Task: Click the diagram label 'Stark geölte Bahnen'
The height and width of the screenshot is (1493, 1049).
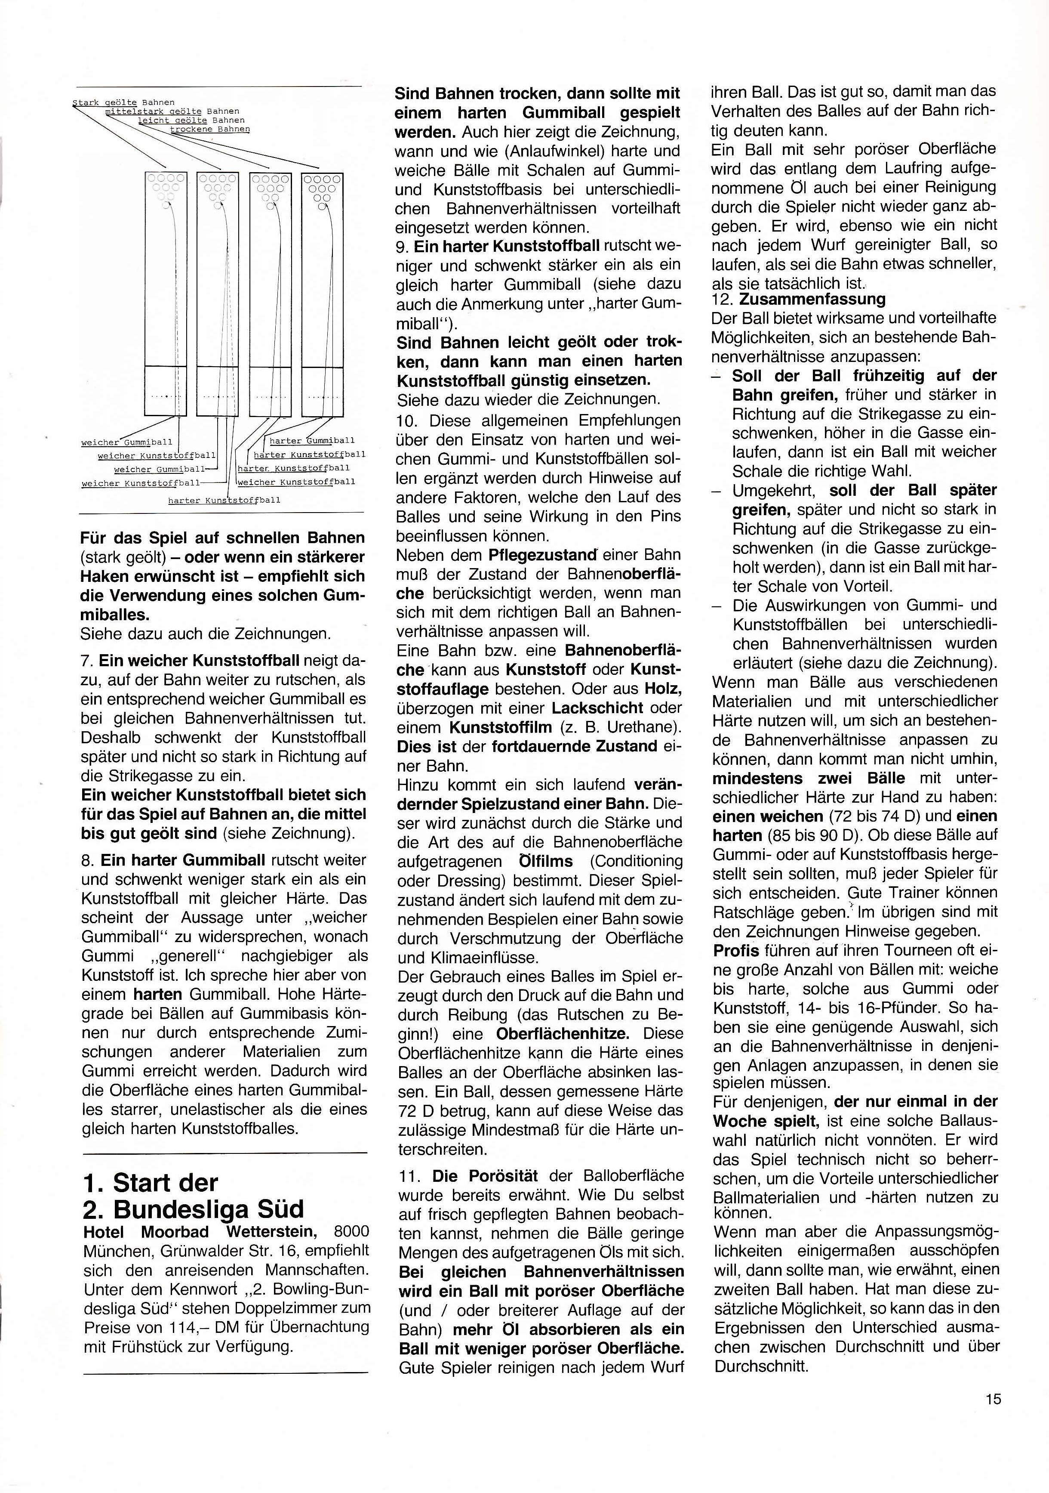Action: (x=123, y=102)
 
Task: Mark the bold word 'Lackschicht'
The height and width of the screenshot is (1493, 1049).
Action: (x=598, y=708)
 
